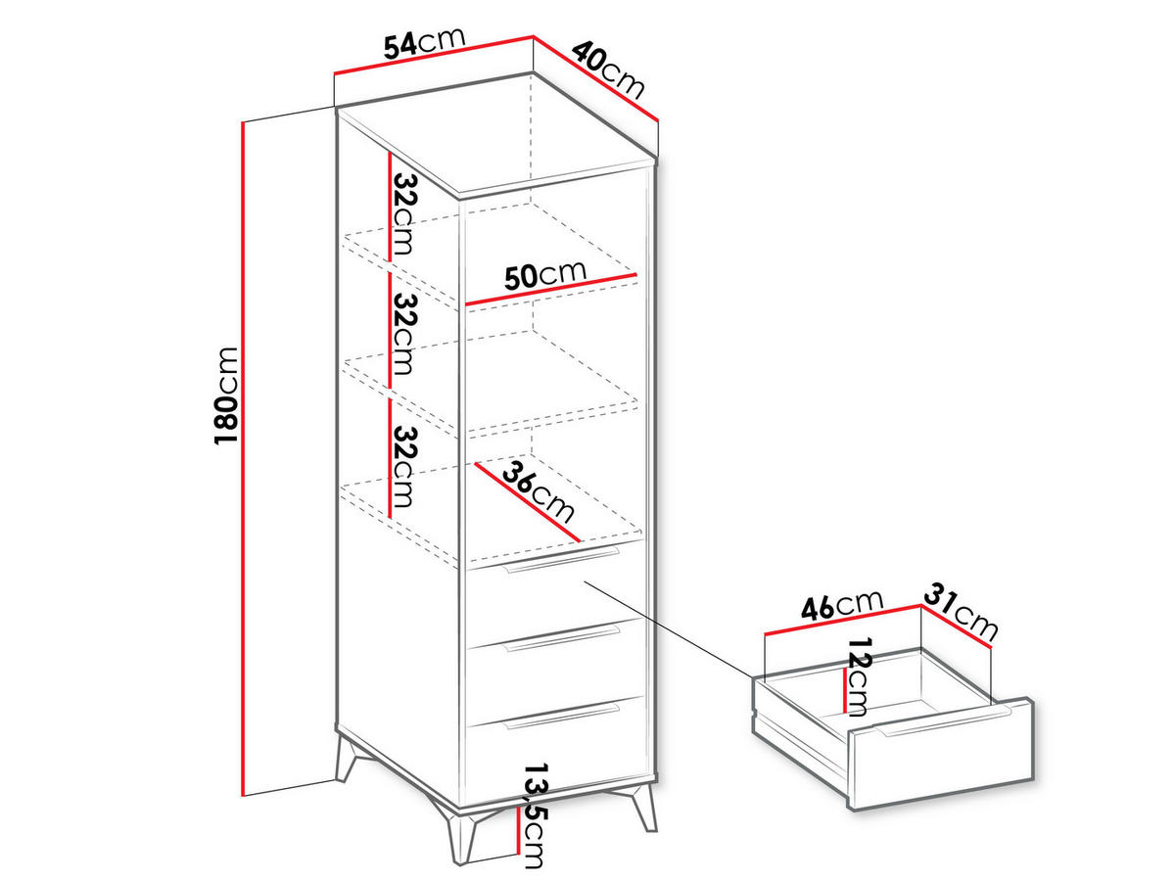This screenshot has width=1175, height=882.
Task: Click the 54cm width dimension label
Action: (x=423, y=43)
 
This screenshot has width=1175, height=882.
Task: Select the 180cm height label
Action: (x=226, y=395)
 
